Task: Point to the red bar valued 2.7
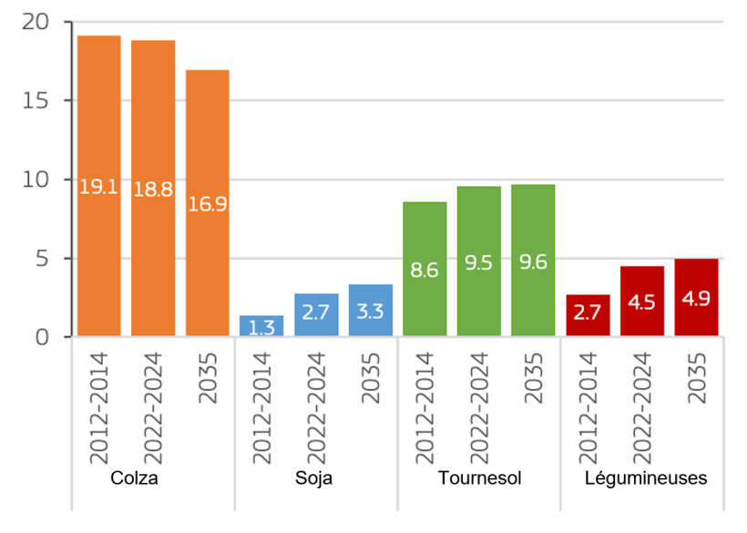click(588, 315)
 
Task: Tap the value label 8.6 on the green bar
click(425, 270)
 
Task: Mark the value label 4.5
click(642, 302)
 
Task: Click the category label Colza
click(134, 479)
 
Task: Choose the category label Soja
click(314, 479)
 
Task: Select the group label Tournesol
click(479, 479)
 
